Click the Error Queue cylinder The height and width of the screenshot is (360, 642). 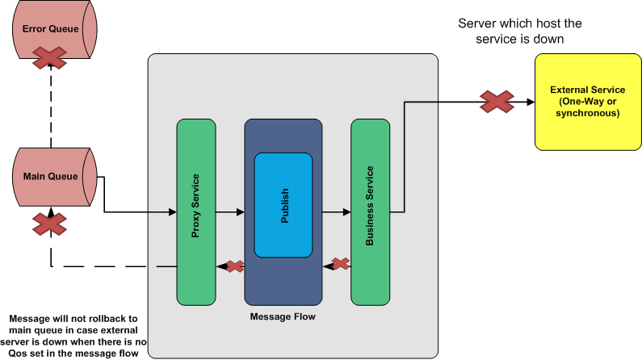pos(51,30)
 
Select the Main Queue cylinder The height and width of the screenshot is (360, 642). pos(51,177)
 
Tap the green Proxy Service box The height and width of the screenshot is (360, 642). pos(196,211)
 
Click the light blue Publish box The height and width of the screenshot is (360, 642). pos(283,205)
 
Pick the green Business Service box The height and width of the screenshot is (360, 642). pos(371,211)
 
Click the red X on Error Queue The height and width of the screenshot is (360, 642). pos(50,58)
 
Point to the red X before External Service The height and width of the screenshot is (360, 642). pos(497,102)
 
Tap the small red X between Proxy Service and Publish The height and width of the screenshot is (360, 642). pos(234,266)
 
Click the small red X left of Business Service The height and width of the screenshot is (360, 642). pos(341,263)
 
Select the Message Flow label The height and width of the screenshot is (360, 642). pos(283,316)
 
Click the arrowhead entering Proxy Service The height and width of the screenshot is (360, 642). pos(172,212)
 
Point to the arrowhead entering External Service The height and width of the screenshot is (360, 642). pos(530,102)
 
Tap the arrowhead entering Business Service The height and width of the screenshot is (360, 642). pos(346,212)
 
